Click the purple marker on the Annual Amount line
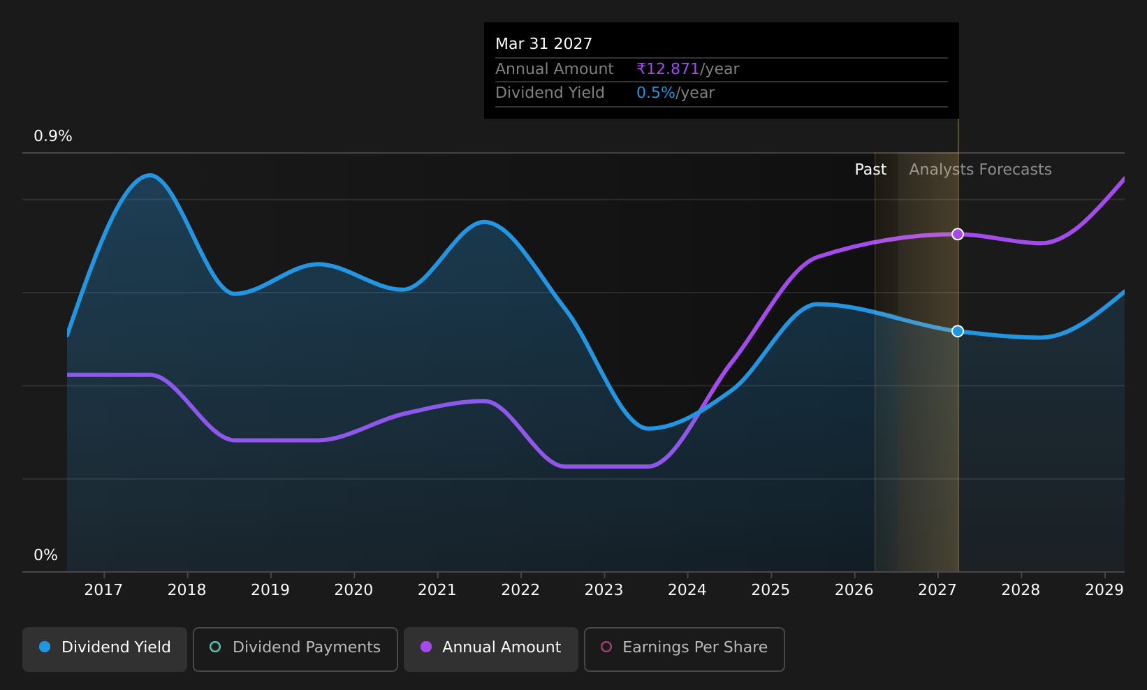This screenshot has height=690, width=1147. (958, 234)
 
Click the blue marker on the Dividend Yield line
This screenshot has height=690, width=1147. (958, 331)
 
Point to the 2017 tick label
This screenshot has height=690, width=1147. (103, 590)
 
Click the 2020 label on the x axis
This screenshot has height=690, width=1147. (354, 590)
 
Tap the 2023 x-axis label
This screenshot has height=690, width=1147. (604, 590)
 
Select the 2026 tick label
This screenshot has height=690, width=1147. (854, 590)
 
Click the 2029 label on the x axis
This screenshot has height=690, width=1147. (1104, 590)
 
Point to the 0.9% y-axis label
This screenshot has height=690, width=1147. (53, 136)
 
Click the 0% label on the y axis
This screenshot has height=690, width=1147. (45, 555)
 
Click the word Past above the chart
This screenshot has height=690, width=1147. (870, 170)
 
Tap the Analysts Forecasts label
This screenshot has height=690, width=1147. (980, 170)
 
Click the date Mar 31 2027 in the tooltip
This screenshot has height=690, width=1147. (543, 44)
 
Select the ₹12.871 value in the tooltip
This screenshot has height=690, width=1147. (668, 68)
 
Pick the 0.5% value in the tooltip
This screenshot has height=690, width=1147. (656, 93)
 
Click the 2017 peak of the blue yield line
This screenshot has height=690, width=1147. (149, 175)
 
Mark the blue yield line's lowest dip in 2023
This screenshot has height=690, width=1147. (648, 428)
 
